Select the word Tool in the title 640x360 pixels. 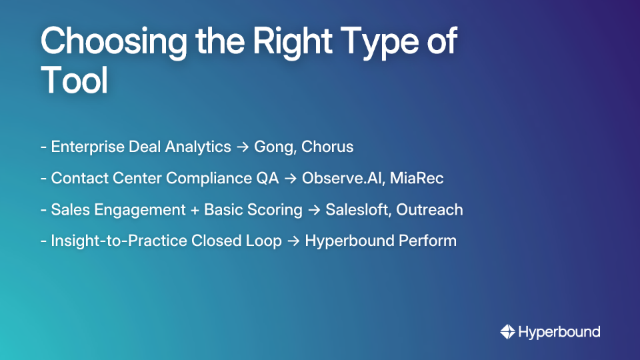tap(74, 81)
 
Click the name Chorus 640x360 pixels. tap(327, 147)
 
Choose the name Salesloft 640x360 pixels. tap(358, 209)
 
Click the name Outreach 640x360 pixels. tap(429, 209)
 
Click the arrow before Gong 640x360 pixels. tap(243, 147)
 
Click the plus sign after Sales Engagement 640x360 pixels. tap(195, 209)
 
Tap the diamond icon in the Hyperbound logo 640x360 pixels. tap(507, 331)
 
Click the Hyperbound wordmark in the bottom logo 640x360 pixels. tap(559, 331)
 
